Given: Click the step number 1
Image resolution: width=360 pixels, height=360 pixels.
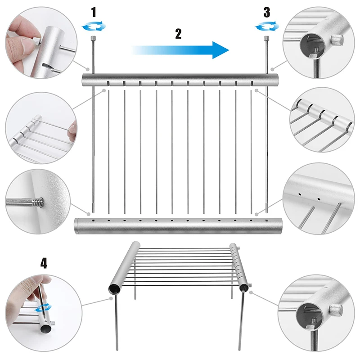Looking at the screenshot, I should (94, 12).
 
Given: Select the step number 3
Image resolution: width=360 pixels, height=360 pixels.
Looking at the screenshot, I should (266, 12).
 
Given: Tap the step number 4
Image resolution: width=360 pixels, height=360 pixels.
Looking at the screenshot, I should (44, 263).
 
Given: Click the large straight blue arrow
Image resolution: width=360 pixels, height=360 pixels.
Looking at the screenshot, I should (180, 50).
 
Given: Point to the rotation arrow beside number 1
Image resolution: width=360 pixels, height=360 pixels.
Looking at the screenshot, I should (94, 27).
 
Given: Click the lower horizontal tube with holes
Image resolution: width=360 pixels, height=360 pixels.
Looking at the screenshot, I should (180, 225).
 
